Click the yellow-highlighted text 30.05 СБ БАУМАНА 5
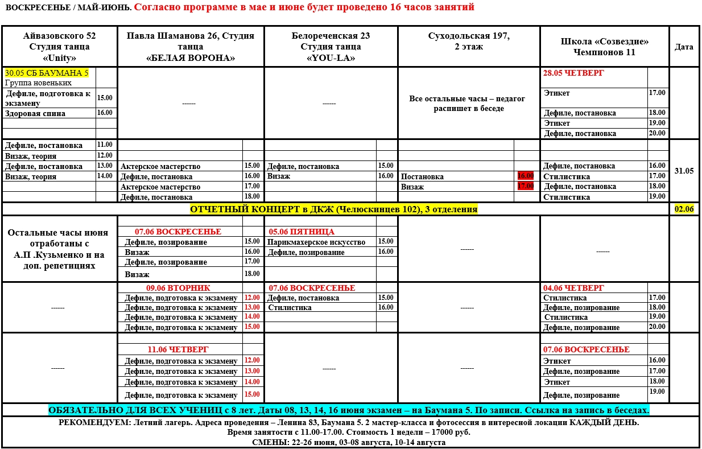tap(47, 73)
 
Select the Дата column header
tap(684, 47)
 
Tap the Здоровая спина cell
tap(35, 113)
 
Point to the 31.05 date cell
tap(684, 170)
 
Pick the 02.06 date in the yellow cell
tap(684, 209)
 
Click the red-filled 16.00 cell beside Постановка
tap(526, 176)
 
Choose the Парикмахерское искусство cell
tap(317, 242)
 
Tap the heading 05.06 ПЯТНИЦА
tap(302, 232)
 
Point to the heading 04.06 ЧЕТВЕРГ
tap(573, 288)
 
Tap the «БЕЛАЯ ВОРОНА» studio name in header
tap(191, 57)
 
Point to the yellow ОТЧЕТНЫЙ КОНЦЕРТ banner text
tap(333, 209)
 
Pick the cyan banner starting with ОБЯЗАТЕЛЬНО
tap(349, 410)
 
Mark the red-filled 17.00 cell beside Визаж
tap(526, 186)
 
